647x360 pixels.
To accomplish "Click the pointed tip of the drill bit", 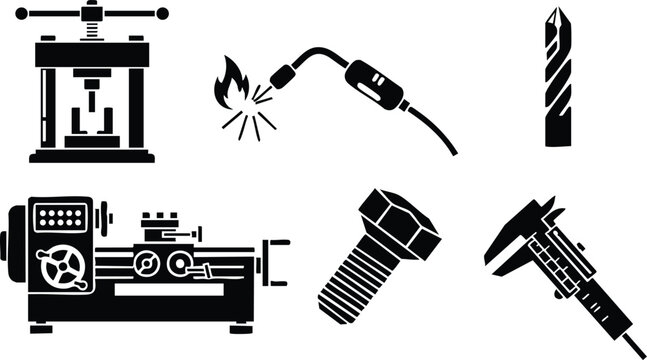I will click(558, 13).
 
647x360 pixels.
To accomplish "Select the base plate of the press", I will click(92, 156).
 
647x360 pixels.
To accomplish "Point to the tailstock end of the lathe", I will click(275, 258).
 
